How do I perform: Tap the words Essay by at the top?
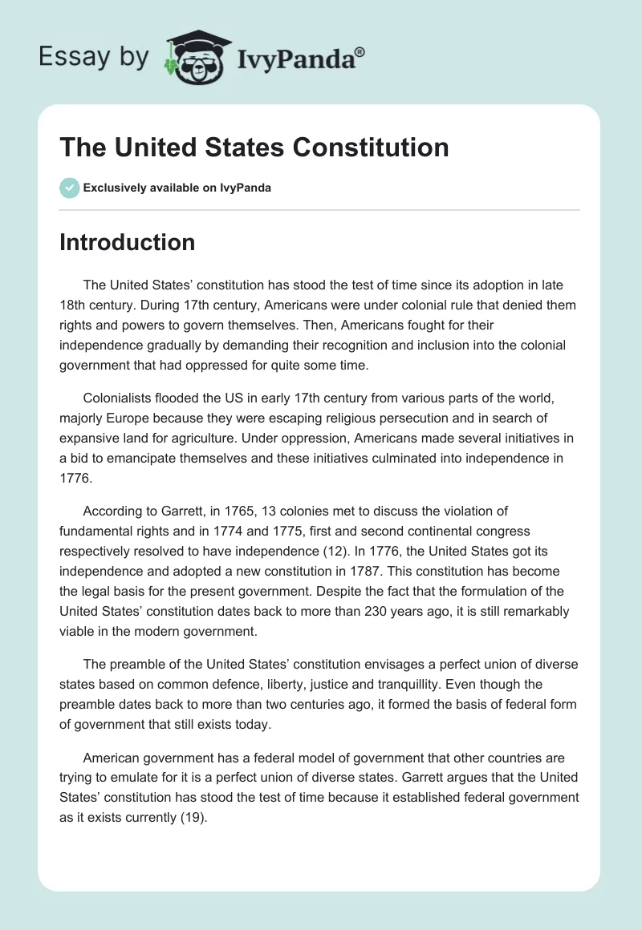pyautogui.click(x=95, y=58)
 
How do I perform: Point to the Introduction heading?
pyautogui.click(x=127, y=242)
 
